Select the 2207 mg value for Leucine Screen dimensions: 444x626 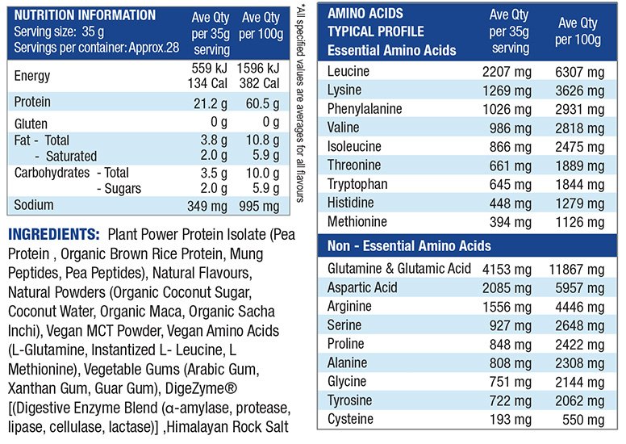pyautogui.click(x=506, y=72)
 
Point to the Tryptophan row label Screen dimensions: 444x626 pyautogui.click(x=357, y=184)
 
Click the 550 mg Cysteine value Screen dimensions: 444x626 pyautogui.click(x=584, y=420)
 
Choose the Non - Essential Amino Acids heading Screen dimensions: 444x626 pyautogui.click(x=409, y=246)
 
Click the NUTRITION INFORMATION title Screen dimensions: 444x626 pyautogui.click(x=85, y=15)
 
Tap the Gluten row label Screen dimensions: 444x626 pyautogui.click(x=31, y=124)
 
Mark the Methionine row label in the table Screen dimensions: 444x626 pyautogui.click(x=357, y=221)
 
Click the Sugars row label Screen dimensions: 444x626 pyautogui.click(x=119, y=188)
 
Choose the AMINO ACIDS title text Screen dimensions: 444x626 pyautogui.click(x=365, y=14)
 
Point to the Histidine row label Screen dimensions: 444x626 pyautogui.click(x=351, y=203)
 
